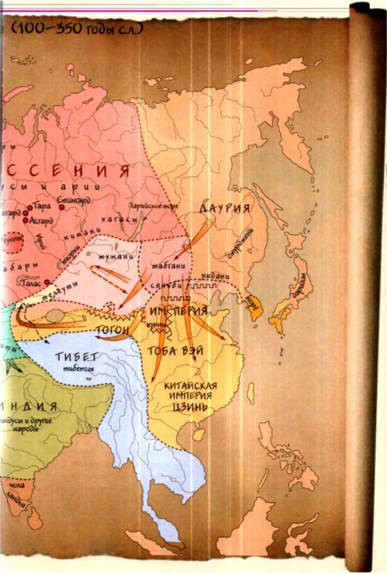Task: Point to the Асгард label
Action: click(x=44, y=221)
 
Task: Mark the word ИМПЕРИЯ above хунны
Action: click(x=178, y=312)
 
